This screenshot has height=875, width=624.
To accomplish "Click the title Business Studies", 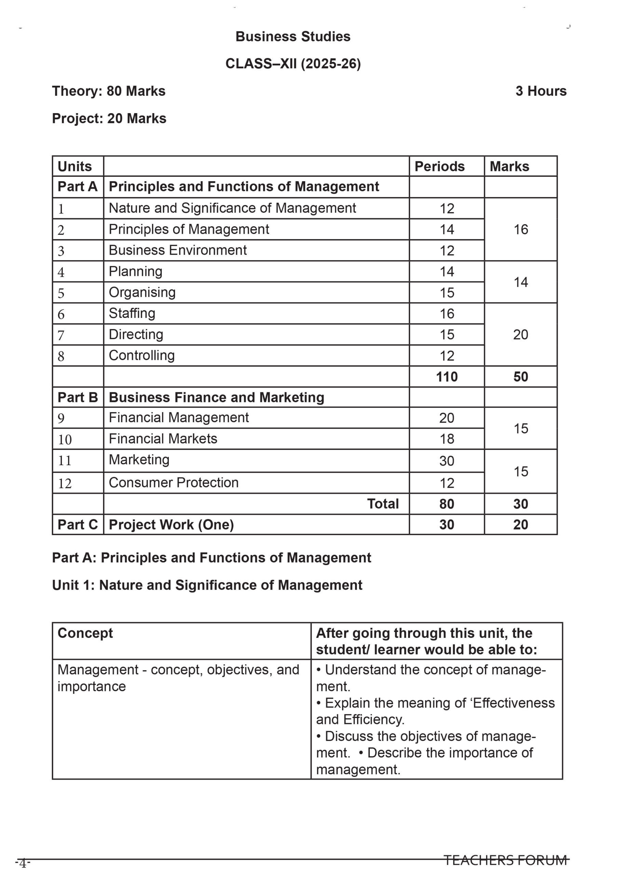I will click(x=293, y=37).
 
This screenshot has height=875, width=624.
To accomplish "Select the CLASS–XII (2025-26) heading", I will click(x=293, y=64).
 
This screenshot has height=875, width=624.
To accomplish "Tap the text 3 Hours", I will click(x=541, y=91).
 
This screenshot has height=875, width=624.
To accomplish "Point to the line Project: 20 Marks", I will click(x=109, y=118).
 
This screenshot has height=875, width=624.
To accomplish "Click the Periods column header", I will click(x=439, y=166).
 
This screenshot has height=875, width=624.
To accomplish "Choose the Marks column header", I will click(x=509, y=166).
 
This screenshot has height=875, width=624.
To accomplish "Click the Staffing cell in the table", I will click(x=132, y=313).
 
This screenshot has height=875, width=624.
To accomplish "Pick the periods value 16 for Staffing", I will click(x=447, y=313).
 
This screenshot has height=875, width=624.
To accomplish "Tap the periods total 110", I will click(x=447, y=377).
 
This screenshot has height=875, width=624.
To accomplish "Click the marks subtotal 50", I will click(x=521, y=377).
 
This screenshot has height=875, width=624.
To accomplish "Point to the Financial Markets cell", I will click(x=163, y=439).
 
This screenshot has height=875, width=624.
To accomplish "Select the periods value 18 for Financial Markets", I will click(x=447, y=439).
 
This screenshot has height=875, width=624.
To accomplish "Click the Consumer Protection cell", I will click(x=174, y=482).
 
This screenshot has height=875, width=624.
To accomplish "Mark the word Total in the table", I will click(x=383, y=504).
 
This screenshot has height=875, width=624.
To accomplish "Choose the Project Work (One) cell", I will click(x=171, y=525).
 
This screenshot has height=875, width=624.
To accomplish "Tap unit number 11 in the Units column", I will click(x=65, y=460).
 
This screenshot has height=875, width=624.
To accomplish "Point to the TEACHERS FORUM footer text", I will click(x=505, y=860).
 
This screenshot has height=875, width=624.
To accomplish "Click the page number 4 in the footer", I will click(x=23, y=863).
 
